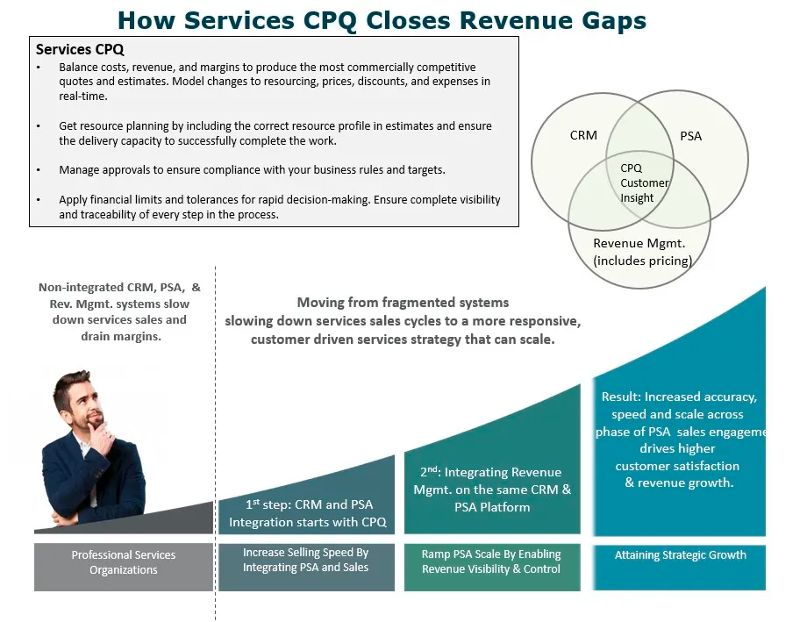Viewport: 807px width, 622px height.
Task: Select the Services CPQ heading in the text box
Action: click(80, 50)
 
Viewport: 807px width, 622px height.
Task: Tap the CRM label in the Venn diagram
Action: click(583, 135)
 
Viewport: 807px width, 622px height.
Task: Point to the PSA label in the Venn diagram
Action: click(691, 136)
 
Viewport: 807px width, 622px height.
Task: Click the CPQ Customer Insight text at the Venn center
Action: click(644, 182)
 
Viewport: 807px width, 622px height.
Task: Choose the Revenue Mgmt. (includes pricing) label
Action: click(642, 252)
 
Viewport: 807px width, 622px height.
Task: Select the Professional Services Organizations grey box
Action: click(124, 562)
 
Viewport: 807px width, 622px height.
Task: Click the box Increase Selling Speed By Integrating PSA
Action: click(306, 561)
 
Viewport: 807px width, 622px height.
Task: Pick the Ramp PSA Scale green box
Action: click(491, 561)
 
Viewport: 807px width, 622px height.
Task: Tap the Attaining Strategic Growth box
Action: click(680, 555)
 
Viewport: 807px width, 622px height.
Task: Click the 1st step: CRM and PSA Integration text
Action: click(308, 513)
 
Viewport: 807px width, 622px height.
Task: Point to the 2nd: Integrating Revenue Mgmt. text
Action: click(492, 490)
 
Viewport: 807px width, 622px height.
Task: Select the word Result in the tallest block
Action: click(621, 397)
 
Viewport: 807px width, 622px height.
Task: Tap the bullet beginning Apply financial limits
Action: click(279, 207)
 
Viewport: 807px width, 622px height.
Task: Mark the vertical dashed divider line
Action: click(216, 439)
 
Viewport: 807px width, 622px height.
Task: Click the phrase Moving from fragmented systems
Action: click(403, 303)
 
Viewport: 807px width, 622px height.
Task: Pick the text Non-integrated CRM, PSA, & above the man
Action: click(120, 288)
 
